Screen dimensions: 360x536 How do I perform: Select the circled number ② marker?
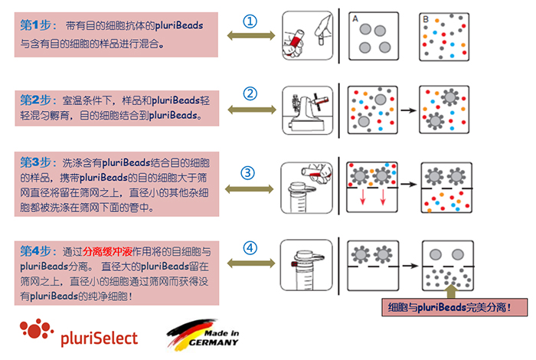click(x=250, y=94)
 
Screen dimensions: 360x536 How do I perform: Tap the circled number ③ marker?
click(x=248, y=172)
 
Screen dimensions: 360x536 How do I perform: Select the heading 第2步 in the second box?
click(x=34, y=100)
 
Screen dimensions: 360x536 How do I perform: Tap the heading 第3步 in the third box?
click(x=34, y=162)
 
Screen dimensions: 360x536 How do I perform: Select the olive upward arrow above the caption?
click(x=450, y=290)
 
